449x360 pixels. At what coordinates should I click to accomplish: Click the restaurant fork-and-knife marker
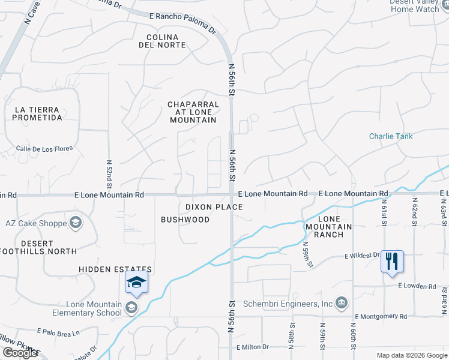(x=392, y=262)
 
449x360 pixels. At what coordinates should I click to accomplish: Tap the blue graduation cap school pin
(x=136, y=282)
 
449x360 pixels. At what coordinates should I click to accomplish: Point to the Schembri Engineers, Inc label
(x=288, y=304)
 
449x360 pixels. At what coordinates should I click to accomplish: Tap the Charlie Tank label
(x=391, y=136)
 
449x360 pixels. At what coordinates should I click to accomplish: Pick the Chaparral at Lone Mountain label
(x=192, y=112)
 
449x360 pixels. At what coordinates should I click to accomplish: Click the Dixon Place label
(x=214, y=207)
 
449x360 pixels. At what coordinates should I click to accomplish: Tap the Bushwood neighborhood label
(x=185, y=220)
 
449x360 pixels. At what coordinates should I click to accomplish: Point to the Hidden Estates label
(x=115, y=269)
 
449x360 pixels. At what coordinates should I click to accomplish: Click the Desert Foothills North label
(x=40, y=247)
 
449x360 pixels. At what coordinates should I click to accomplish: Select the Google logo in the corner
(x=20, y=353)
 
